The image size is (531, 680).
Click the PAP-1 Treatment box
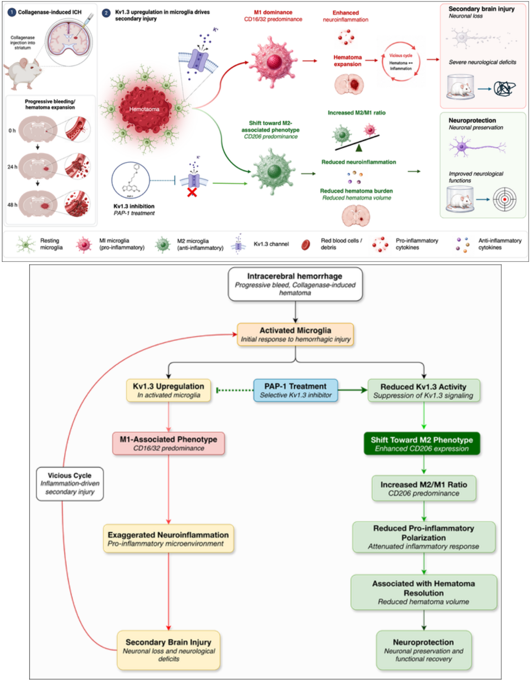pyautogui.click(x=296, y=390)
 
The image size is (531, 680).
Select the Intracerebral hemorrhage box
pyautogui.click(x=295, y=284)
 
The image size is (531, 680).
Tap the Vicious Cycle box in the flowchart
pyautogui.click(x=70, y=484)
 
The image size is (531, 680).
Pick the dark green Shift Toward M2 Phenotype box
pyautogui.click(x=422, y=444)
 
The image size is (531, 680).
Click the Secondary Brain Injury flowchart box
pyautogui.click(x=169, y=650)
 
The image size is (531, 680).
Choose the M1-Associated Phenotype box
pyautogui.click(x=169, y=444)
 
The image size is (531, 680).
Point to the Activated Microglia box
pyautogui.click(x=295, y=334)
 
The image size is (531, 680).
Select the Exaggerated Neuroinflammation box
pyautogui.click(x=169, y=539)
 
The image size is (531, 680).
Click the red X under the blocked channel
pyautogui.click(x=192, y=192)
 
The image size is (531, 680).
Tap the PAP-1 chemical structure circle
pyautogui.click(x=131, y=180)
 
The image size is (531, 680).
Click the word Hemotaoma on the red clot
pyautogui.click(x=144, y=109)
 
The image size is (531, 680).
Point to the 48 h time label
pyautogui.click(x=12, y=205)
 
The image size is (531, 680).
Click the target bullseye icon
pyautogui.click(x=505, y=199)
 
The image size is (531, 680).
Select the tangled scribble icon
pyautogui.click(x=505, y=89)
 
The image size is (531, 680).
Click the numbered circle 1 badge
pyautogui.click(x=12, y=13)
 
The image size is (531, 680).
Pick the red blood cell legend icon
pyautogui.click(x=306, y=245)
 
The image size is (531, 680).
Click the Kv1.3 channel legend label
pyautogui.click(x=271, y=244)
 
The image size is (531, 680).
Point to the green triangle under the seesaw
pyautogui.click(x=359, y=147)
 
